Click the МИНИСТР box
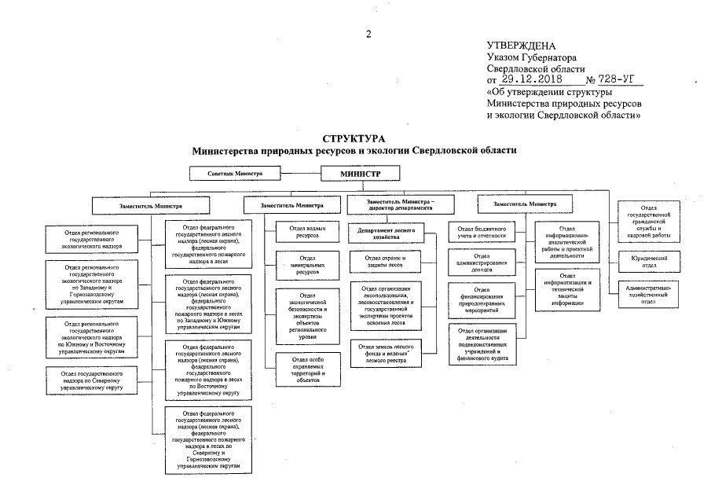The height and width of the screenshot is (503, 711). coord(361,173)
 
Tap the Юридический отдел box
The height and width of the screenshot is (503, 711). coord(649,261)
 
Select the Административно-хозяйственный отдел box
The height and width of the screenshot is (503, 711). coord(649,294)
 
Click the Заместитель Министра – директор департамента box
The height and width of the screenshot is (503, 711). coord(399,204)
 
